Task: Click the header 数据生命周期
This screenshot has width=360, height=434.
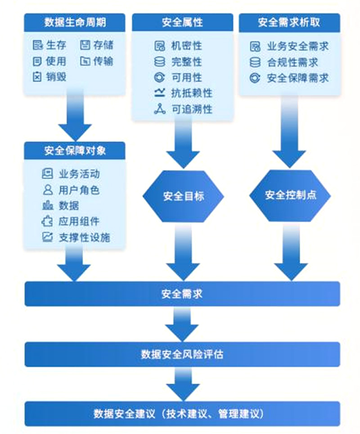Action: (75, 22)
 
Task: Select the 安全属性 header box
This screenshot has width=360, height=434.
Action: (182, 22)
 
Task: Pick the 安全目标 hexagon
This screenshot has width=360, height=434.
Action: (183, 196)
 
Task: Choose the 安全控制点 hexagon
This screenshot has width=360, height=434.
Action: (290, 195)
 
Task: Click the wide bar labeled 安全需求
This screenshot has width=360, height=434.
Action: (182, 294)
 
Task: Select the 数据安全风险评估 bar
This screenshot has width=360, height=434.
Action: (182, 354)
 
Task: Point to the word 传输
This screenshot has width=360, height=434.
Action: (103, 61)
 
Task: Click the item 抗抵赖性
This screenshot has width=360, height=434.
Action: (192, 93)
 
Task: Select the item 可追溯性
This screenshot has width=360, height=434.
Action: (192, 109)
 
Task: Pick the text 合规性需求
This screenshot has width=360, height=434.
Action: (292, 62)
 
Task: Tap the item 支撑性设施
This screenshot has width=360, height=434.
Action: (84, 237)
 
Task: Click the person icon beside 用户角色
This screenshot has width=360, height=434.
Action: (47, 189)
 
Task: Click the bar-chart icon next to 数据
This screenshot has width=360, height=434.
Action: (47, 206)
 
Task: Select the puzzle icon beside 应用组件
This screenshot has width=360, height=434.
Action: (47, 221)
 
